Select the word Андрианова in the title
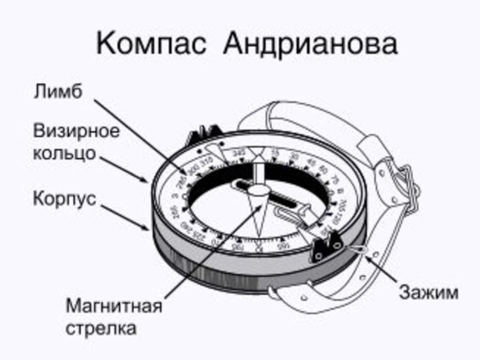(x=311, y=43)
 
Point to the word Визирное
(x=76, y=131)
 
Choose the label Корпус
(x=64, y=198)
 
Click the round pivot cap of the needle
(x=259, y=191)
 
